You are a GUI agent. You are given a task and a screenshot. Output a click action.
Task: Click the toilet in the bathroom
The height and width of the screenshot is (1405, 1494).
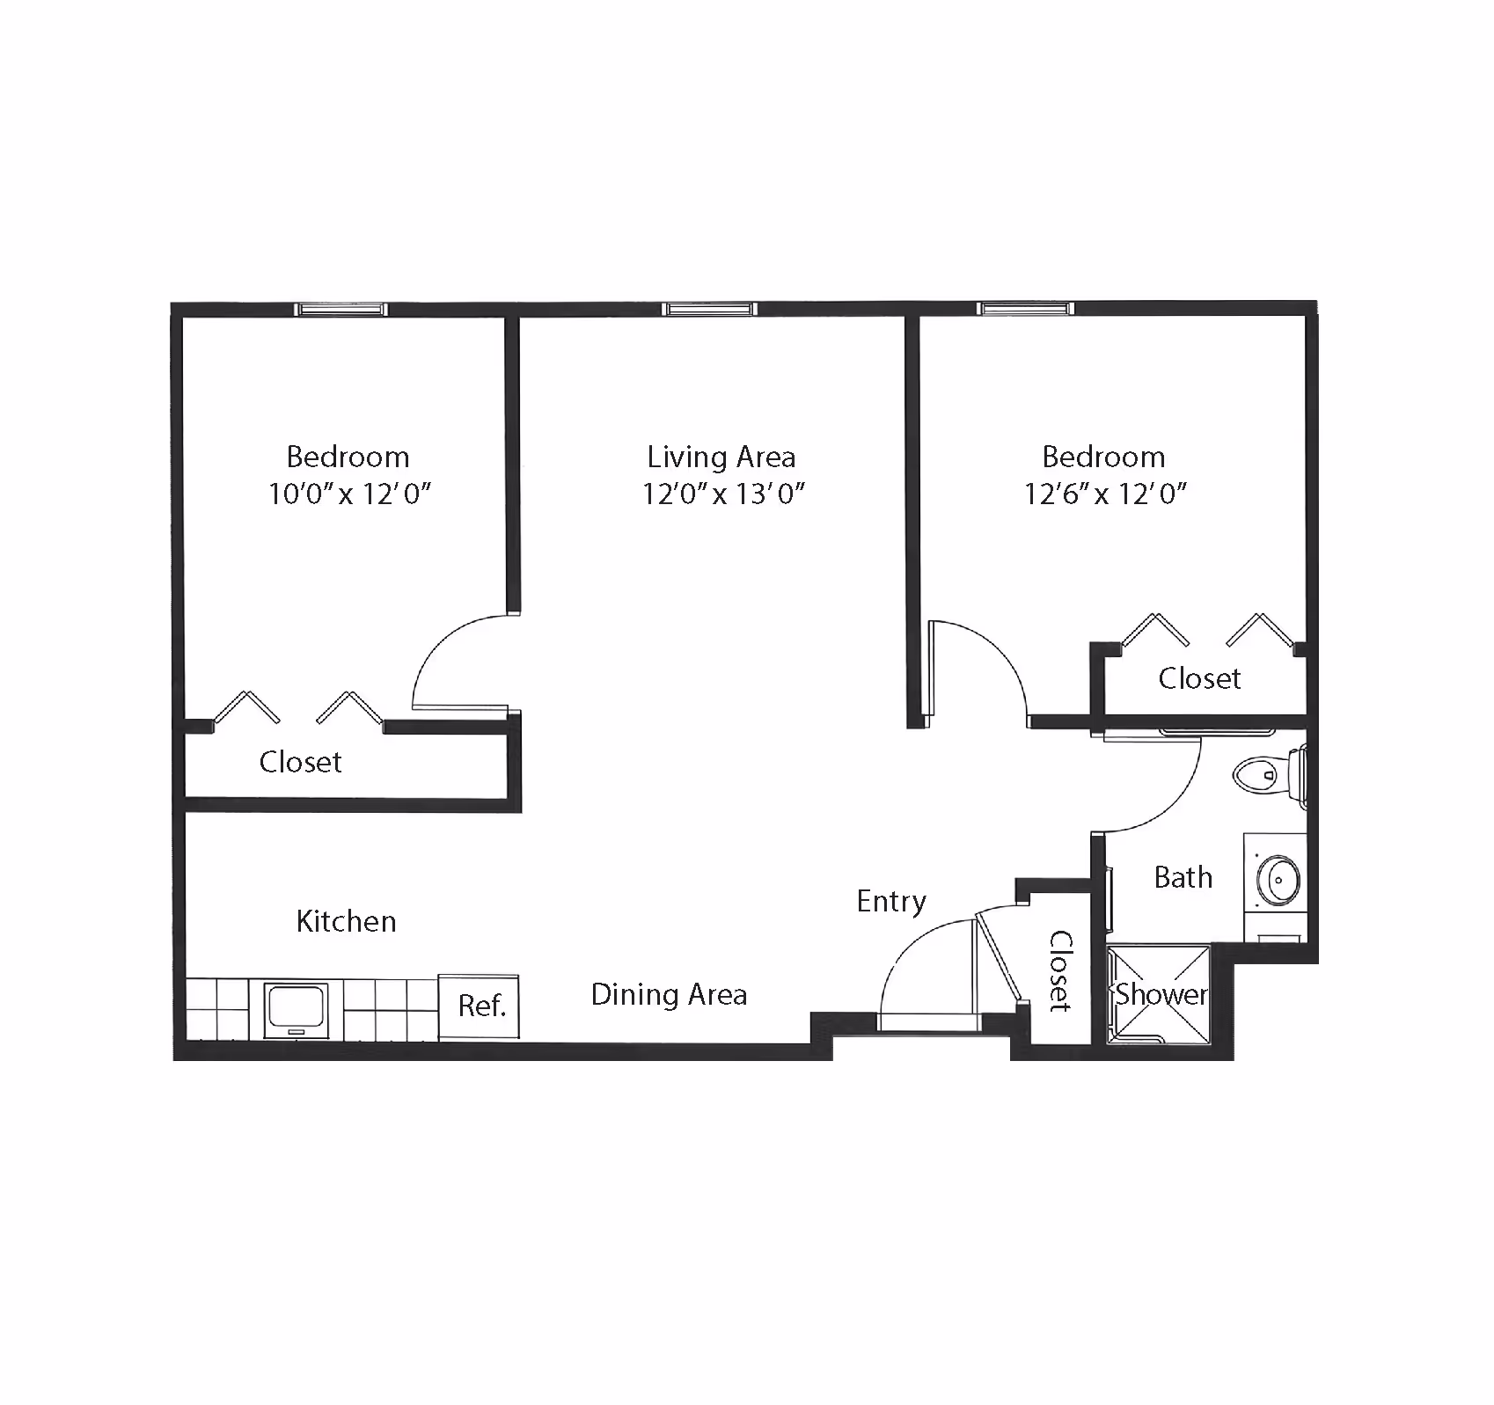[1271, 775]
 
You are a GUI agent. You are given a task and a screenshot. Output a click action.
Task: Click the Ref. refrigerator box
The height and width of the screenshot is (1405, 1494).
[480, 1005]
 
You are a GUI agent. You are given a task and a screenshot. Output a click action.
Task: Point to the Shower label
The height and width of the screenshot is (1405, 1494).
[1161, 994]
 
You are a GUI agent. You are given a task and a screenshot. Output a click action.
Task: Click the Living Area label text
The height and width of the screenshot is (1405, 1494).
[721, 457]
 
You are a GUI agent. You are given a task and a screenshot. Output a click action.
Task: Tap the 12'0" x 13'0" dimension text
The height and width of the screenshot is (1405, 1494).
[723, 494]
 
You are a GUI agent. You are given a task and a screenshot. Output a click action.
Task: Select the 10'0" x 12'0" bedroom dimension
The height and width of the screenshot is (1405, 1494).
[349, 494]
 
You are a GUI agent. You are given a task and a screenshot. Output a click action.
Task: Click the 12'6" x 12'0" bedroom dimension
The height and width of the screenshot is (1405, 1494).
[1105, 494]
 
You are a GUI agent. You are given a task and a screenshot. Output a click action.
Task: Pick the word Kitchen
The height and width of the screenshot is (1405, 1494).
[346, 921]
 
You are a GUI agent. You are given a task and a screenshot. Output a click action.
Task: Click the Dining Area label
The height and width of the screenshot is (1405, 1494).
[669, 994]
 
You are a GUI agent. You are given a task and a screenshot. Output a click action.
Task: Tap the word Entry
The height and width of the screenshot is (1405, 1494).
[891, 902]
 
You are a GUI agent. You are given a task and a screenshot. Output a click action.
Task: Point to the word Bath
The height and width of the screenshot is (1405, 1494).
[1183, 877]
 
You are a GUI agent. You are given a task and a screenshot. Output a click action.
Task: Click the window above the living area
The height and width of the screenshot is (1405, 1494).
[709, 309]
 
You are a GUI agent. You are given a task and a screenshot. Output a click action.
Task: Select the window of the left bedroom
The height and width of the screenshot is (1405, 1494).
[341, 309]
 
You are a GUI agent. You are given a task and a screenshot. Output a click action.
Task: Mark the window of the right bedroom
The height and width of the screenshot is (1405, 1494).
[1026, 309]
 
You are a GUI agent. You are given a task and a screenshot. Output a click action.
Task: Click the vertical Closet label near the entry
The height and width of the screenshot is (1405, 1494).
[1060, 970]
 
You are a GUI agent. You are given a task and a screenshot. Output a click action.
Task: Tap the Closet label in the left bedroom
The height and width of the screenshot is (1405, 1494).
[300, 761]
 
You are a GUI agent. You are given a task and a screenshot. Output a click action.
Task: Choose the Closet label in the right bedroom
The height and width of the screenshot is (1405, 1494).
[1199, 678]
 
